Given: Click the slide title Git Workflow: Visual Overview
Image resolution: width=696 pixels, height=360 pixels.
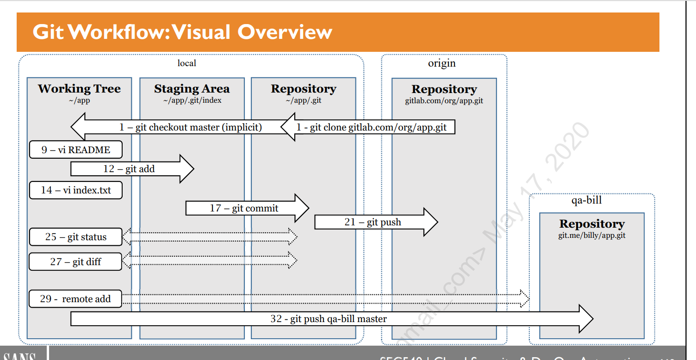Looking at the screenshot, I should click(x=182, y=32).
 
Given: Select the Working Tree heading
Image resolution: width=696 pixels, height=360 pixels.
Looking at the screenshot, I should click(x=79, y=89).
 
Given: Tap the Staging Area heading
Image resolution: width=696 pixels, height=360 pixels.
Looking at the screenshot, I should click(x=192, y=89).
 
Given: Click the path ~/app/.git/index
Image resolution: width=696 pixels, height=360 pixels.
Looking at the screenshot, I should click(x=192, y=100).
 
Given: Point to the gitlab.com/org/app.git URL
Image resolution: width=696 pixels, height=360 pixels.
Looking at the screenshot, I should click(x=444, y=100).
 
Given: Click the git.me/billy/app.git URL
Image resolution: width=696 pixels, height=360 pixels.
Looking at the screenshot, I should click(x=592, y=235).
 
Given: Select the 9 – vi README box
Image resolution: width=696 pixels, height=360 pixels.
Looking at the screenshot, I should click(x=76, y=150).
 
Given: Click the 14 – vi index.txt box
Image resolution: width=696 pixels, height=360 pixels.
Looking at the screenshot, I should click(x=76, y=190).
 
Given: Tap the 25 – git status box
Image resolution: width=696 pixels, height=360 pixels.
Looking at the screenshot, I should click(x=76, y=237).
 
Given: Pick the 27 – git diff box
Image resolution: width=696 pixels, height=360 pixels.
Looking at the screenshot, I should click(x=76, y=262).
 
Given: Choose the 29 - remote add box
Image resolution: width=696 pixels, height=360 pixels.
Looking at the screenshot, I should click(x=76, y=299).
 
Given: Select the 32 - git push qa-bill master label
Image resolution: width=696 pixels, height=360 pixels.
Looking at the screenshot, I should click(x=329, y=319).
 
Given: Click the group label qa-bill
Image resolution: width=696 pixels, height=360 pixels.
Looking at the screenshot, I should click(x=587, y=200).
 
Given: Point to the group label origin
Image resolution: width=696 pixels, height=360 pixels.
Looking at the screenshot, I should click(x=441, y=63).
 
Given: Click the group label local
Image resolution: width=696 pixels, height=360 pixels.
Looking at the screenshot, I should click(x=187, y=63).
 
